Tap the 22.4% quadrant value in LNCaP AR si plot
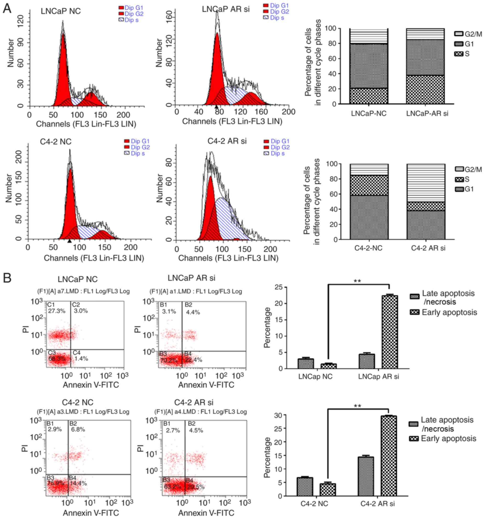click(193, 360)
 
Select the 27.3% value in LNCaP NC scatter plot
click(57, 311)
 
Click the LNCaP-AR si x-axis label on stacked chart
click(427, 114)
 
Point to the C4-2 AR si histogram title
click(227, 141)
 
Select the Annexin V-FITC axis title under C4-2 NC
click(91, 513)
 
